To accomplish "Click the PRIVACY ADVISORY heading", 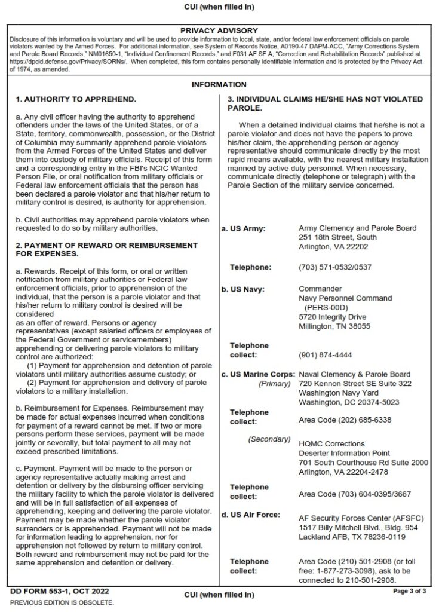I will (219, 30).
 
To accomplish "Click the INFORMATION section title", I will (219, 85).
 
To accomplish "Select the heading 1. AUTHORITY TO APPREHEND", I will (76, 99).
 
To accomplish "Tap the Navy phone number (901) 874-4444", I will (325, 354).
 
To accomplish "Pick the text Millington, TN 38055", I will (334, 326).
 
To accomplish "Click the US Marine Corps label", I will (258, 375).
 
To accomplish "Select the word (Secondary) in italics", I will (269, 439).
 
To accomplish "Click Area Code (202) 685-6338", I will (345, 420).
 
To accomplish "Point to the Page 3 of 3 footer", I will (409, 592).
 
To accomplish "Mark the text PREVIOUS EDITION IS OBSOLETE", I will (62, 602).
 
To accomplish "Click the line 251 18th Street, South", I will (337, 237).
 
